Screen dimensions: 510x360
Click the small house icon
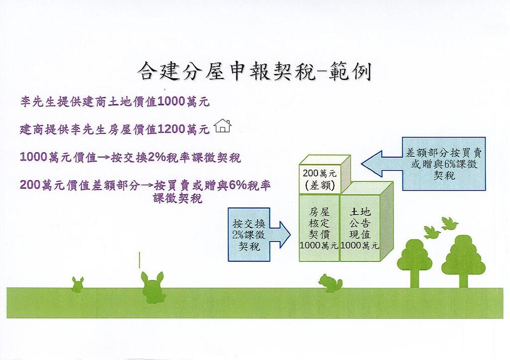pyautogui.click(x=223, y=126)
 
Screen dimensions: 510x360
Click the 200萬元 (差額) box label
pyautogui.click(x=320, y=179)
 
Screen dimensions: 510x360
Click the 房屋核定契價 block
pyautogui.click(x=319, y=228)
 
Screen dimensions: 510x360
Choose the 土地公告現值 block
pyautogui.click(x=360, y=228)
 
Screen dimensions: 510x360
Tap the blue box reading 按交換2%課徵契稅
pyautogui.click(x=249, y=235)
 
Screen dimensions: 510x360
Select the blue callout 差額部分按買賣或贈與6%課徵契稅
pyautogui.click(x=444, y=164)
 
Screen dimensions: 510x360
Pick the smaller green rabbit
pyautogui.click(x=78, y=284)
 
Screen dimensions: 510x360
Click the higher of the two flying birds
pyautogui.click(x=450, y=224)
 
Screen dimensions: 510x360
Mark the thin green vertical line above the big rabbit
pyautogui.click(x=139, y=260)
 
